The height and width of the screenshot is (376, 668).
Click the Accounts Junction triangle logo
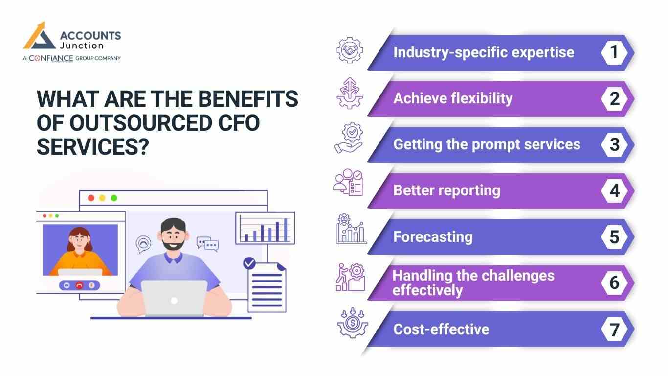coord(40,37)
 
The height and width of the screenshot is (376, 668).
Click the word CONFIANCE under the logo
coord(51,58)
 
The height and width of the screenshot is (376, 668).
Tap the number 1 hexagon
coord(614,52)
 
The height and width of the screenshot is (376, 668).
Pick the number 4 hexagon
coord(614,190)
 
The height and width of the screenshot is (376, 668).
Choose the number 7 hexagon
coord(614,329)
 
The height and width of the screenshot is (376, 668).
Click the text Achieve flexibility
coord(453,98)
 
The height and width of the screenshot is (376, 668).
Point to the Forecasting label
coord(433,237)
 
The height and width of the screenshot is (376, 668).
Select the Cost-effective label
coord(441,329)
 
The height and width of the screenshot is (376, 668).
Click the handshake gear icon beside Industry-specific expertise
coord(350,50)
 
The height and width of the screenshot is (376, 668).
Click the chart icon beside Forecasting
coord(351,230)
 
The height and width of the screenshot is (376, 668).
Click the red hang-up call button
coord(79,285)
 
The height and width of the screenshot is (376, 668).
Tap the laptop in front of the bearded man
coord(174,298)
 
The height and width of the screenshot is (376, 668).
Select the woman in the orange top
coord(80,252)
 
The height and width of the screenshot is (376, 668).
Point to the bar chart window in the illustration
coord(265,228)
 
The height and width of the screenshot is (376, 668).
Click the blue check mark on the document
coord(249,263)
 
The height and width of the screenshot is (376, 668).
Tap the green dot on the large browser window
coord(114,198)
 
